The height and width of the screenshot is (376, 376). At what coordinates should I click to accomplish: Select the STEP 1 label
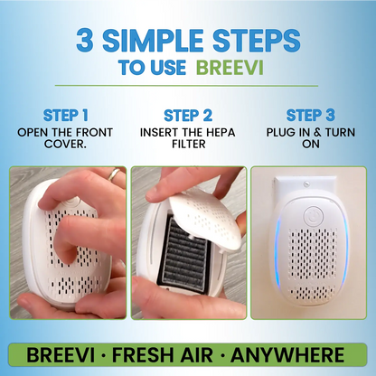[64, 116]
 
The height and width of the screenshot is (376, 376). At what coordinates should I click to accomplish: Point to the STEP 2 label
[188, 116]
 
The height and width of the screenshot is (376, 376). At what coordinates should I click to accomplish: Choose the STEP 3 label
[310, 116]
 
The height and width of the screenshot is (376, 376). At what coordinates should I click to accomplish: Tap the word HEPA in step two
[224, 132]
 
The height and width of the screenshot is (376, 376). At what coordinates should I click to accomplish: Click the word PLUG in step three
[284, 132]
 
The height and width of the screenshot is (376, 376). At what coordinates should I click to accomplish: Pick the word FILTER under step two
[188, 145]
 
